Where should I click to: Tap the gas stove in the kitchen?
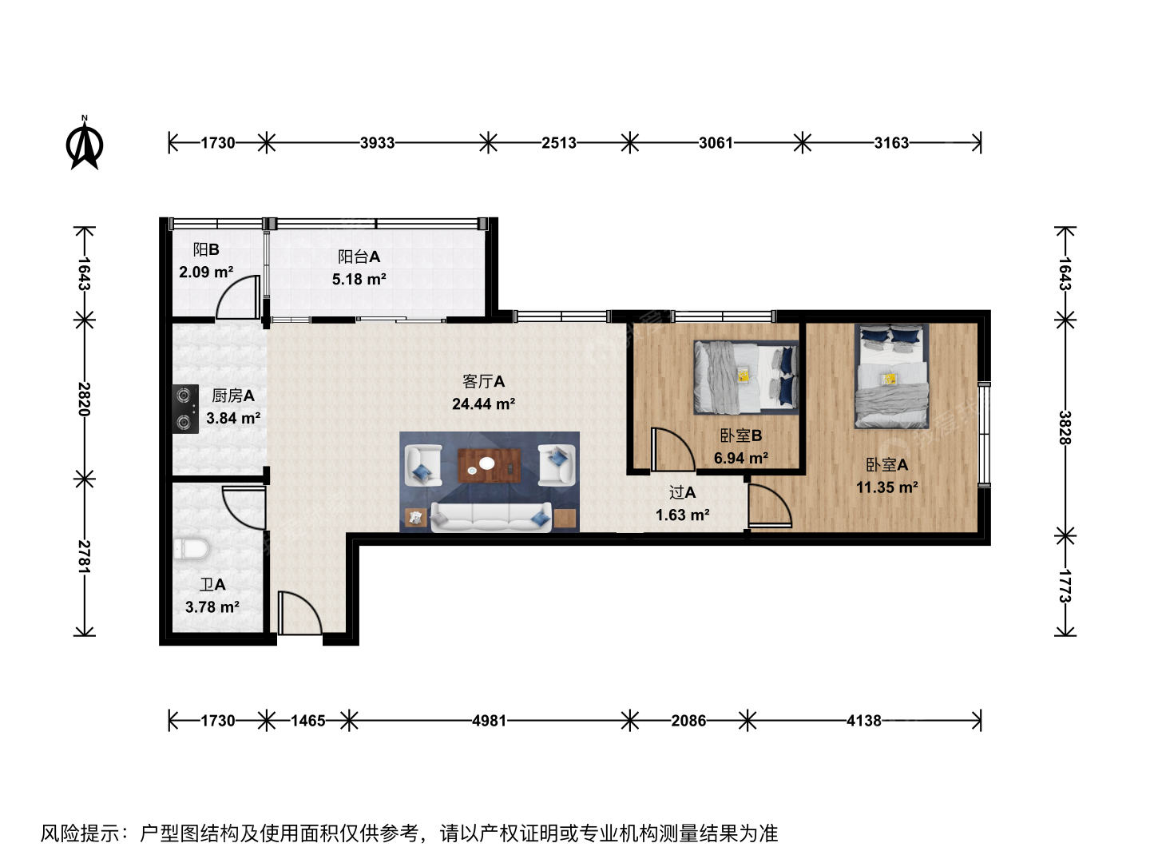[185, 409]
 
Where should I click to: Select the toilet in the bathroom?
[191, 549]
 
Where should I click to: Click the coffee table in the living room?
[489, 465]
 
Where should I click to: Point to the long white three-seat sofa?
[491, 517]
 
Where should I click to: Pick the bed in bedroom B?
[746, 377]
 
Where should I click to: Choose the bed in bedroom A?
[892, 376]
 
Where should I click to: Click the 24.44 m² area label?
[483, 404]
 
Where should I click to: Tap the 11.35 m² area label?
[886, 487]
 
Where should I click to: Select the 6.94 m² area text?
[741, 458]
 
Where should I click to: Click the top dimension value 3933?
[377, 142]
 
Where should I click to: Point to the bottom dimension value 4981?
[489, 721]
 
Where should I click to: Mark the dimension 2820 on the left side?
[84, 400]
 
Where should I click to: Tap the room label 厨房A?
[232, 396]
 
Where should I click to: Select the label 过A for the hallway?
[682, 492]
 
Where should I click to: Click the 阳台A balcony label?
[359, 257]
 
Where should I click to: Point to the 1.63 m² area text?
[682, 515]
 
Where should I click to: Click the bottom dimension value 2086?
[688, 721]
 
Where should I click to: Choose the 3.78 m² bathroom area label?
[212, 606]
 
